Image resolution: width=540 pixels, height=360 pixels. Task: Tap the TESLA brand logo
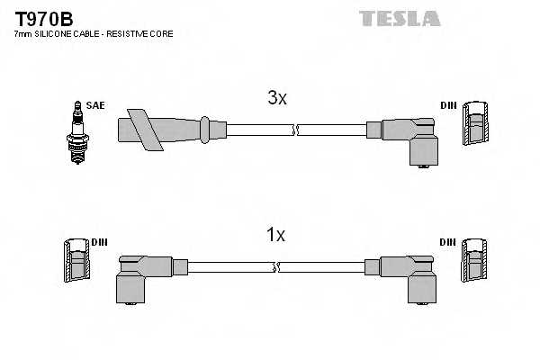pyautogui.click(x=400, y=18)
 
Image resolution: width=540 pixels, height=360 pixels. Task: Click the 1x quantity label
pyautogui.click(x=275, y=236)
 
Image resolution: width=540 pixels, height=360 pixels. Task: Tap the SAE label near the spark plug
pyautogui.click(x=95, y=105)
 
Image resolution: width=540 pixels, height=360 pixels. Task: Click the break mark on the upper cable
pyautogui.click(x=294, y=130)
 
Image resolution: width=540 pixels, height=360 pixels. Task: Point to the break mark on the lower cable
pyautogui.click(x=277, y=267)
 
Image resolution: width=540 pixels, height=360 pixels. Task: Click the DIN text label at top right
pyautogui.click(x=448, y=105)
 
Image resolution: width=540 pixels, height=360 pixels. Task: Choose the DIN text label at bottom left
pyautogui.click(x=99, y=242)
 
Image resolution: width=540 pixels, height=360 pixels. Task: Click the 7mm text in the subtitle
pyautogui.click(x=22, y=34)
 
